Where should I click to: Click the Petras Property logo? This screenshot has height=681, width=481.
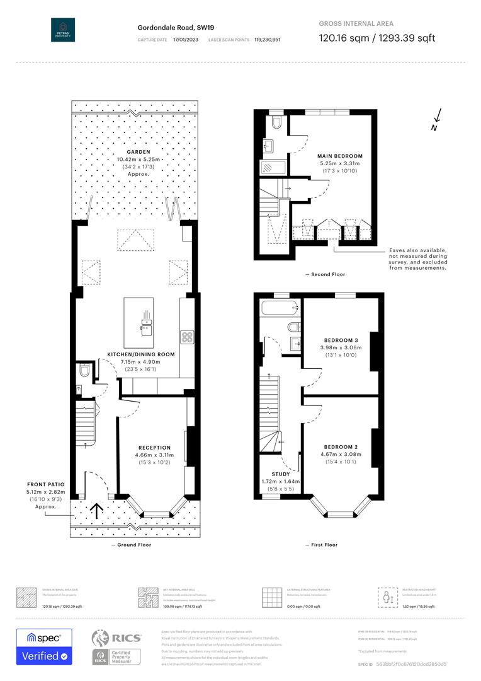[63, 30]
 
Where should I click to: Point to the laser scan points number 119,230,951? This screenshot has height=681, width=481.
[267, 40]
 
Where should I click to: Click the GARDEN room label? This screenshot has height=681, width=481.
[138, 153]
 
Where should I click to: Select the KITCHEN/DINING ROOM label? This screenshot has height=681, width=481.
[141, 354]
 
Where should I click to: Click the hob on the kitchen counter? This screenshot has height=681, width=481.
[187, 337]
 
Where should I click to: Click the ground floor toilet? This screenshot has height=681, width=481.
[84, 371]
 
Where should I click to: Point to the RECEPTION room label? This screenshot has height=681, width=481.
[154, 448]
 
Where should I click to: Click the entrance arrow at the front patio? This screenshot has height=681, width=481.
[98, 509]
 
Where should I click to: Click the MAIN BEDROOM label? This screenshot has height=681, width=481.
[340, 156]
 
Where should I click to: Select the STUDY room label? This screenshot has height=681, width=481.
[281, 474]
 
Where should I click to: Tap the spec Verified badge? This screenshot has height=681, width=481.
[44, 647]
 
